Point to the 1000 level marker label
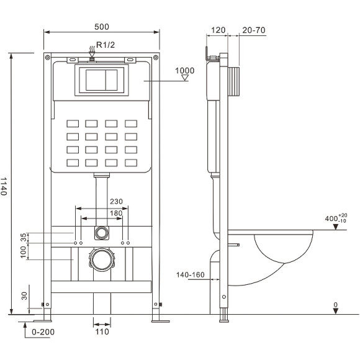tap(184, 70)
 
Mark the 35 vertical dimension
tap(24, 236)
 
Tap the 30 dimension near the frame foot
tap(24, 296)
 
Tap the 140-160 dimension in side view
tap(190, 274)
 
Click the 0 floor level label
tap(335, 305)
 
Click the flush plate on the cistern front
tap(102, 80)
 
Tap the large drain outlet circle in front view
tap(101, 259)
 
